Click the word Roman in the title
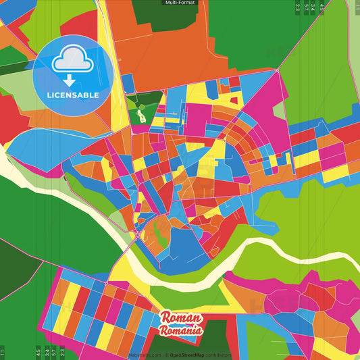pyautogui.click(x=180, y=318)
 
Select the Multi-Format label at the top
pyautogui.click(x=180, y=3)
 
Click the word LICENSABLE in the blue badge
pyautogui.click(x=73, y=95)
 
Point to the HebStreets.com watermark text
pyautogui.click(x=144, y=355)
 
